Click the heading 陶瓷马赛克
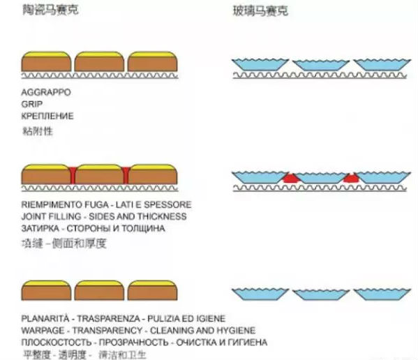(50, 10)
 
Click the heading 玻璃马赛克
(260, 11)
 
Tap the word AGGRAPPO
(46, 92)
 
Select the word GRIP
(31, 104)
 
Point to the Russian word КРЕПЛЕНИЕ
(47, 116)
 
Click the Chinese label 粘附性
(37, 131)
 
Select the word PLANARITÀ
(45, 318)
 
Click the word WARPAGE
(43, 331)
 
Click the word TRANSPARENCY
(107, 331)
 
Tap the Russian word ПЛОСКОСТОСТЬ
(57, 342)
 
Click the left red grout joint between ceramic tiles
(73, 175)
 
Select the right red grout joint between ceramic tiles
(126, 175)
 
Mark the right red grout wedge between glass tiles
(351, 178)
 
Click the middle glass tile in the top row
(321, 65)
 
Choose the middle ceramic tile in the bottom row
(99, 290)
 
